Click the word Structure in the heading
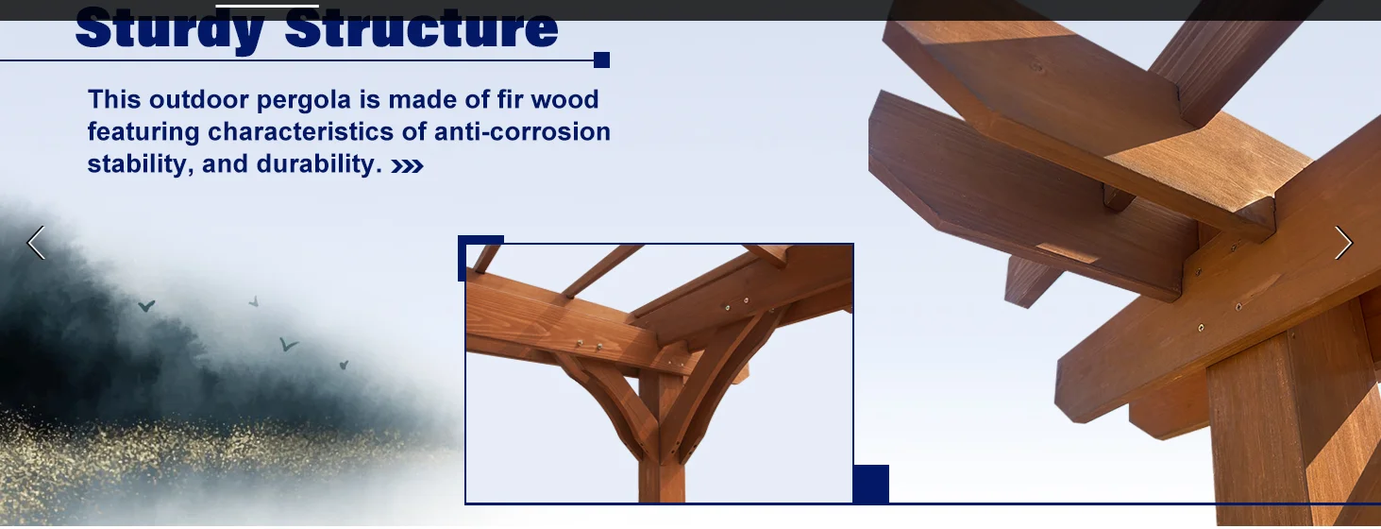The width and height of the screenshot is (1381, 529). pyautogui.click(x=421, y=27)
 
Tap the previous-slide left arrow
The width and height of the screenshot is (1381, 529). pyautogui.click(x=36, y=243)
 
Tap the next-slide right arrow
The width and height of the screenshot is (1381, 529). pyautogui.click(x=1343, y=243)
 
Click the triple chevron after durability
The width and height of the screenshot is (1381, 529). pyautogui.click(x=408, y=166)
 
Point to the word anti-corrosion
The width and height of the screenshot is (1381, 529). pyautogui.click(x=522, y=131)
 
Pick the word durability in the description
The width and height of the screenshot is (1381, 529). pyautogui.click(x=319, y=164)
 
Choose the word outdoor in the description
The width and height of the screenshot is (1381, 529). pyautogui.click(x=198, y=99)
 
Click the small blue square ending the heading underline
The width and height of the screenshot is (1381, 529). pyautogui.click(x=601, y=60)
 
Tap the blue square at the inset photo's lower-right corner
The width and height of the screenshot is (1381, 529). pyautogui.click(x=871, y=484)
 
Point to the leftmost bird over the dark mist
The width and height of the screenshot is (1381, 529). pyautogui.click(x=146, y=305)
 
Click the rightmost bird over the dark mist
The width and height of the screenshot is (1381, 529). pyautogui.click(x=344, y=365)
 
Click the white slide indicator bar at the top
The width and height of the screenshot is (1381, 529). pyautogui.click(x=267, y=7)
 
